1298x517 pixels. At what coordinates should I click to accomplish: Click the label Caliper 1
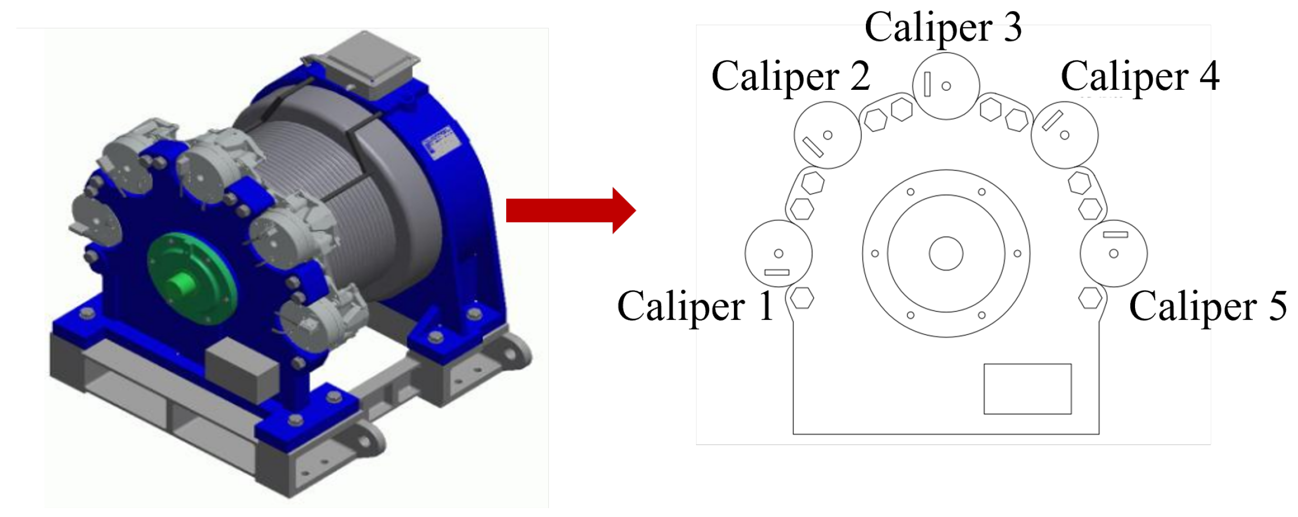694,306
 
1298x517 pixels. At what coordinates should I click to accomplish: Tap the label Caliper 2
790,76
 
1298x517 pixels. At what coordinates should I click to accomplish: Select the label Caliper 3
943,27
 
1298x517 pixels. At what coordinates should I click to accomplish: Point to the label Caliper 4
1139,76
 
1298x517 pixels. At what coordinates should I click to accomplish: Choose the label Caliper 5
1207,306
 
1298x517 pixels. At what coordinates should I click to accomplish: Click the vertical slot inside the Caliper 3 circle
927,85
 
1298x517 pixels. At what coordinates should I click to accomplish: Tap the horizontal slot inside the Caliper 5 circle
1115,234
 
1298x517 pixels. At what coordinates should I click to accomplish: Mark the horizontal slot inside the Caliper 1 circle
776,272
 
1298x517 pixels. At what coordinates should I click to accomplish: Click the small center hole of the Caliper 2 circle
827,135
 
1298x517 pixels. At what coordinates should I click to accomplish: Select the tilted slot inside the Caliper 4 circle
1052,121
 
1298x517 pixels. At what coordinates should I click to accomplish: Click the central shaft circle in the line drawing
946,253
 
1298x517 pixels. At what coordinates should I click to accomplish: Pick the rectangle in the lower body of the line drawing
1027,389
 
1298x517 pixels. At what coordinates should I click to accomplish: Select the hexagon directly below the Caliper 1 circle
802,298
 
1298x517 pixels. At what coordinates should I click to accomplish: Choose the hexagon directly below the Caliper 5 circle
1090,298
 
